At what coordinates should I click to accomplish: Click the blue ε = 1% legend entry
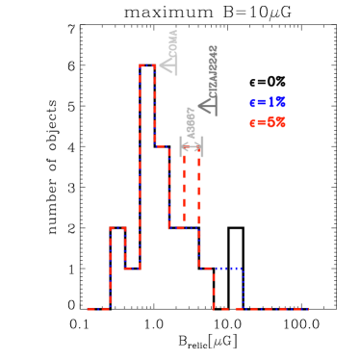[268, 102]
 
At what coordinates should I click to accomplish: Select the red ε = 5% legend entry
[268, 122]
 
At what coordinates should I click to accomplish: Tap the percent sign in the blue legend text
[280, 102]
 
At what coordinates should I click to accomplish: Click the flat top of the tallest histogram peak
[146, 65]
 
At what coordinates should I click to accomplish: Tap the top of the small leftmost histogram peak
[117, 228]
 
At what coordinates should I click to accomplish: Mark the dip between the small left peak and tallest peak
[132, 269]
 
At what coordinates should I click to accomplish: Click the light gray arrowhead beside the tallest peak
[168, 64]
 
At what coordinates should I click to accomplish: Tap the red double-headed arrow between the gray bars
[192, 146]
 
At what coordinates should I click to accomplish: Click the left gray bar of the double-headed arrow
[181, 146]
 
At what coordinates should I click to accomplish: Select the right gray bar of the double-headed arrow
[202, 146]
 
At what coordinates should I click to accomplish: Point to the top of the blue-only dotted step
[228, 269]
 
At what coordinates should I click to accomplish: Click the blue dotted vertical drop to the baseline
[243, 289]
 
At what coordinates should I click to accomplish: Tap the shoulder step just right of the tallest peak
[162, 146]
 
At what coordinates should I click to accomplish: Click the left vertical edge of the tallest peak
[140, 164]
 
